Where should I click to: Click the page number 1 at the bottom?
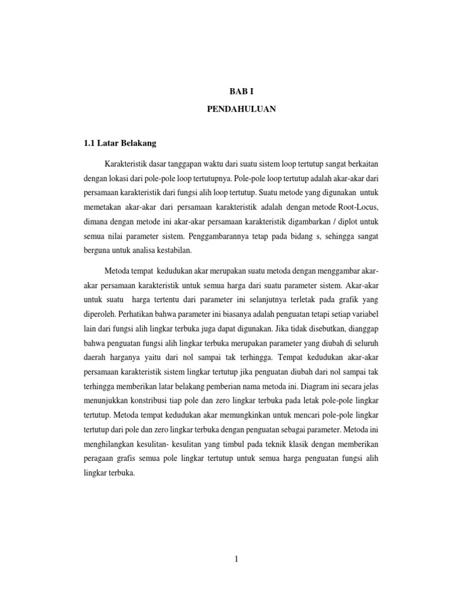click(x=235, y=559)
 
